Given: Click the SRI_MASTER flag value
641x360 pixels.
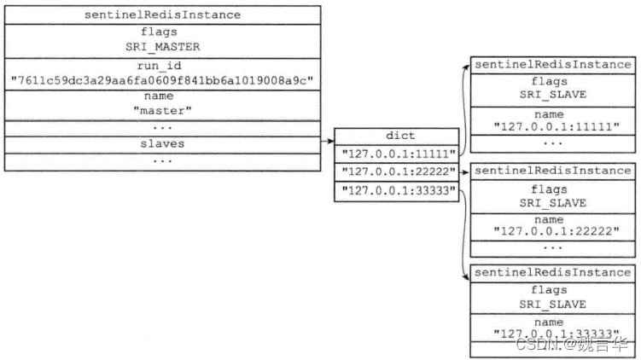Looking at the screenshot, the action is (x=163, y=47).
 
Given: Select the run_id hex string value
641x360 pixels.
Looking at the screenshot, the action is (x=162, y=80).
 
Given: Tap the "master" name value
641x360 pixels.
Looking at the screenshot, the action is (x=162, y=111).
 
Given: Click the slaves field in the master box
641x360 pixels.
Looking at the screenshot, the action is (x=162, y=144).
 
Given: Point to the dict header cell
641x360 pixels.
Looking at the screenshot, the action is (x=400, y=136).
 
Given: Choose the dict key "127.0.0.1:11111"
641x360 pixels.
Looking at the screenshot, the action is (x=399, y=154).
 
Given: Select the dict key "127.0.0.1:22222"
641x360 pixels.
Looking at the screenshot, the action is (x=399, y=171).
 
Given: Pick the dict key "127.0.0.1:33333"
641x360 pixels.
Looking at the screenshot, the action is (x=399, y=190).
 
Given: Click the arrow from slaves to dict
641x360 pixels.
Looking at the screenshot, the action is (x=328, y=142).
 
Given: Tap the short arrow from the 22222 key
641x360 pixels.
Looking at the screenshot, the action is (x=464, y=172).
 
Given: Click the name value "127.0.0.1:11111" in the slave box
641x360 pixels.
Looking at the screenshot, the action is (x=557, y=126).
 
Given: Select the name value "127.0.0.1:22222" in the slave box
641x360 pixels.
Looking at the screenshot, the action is (x=557, y=231).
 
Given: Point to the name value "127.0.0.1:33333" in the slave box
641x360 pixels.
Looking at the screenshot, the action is (x=557, y=334).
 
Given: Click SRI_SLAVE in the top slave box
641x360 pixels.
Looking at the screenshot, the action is (x=553, y=95).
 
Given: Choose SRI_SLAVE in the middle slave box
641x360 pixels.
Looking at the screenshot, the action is (x=553, y=203).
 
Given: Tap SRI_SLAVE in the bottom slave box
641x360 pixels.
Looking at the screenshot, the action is (x=553, y=305).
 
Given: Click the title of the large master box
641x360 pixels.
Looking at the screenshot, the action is (x=162, y=15).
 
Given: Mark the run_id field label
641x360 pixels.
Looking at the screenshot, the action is (x=159, y=66).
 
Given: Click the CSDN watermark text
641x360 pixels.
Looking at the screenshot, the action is (x=572, y=345).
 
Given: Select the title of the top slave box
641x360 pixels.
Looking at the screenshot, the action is (x=553, y=65).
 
